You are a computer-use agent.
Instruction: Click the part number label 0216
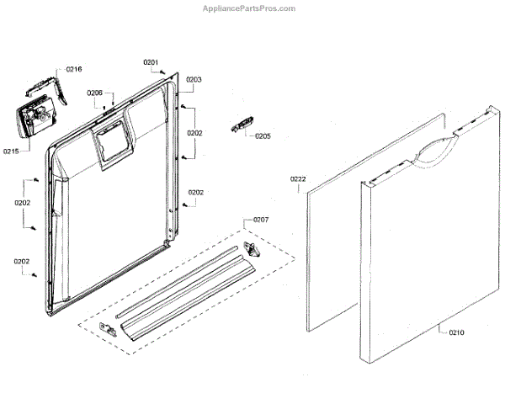coord(73,69)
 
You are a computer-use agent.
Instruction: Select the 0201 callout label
coord(151,62)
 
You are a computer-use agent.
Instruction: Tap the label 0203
coord(194,79)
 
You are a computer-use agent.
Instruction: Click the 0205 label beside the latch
coord(263,135)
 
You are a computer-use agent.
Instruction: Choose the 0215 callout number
coord(11,151)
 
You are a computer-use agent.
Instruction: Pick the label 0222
coord(298,179)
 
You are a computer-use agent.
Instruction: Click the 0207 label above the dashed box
coord(261,220)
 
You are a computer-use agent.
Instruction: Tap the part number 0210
coord(456,332)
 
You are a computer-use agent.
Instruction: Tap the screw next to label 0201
coord(162,73)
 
